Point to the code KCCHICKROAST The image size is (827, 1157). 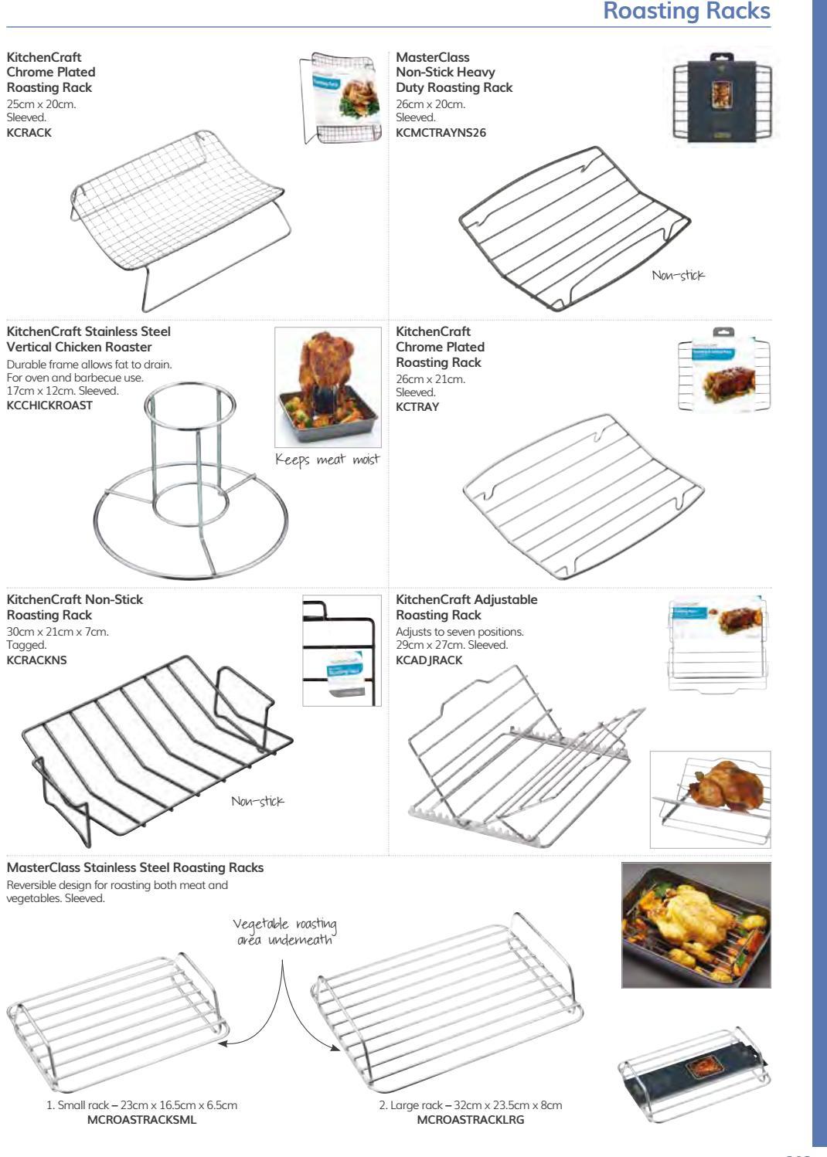(49, 405)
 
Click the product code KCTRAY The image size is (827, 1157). (417, 407)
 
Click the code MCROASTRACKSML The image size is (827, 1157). (141, 1119)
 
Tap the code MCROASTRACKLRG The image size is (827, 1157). (470, 1119)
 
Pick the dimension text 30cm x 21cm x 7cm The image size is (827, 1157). (57, 632)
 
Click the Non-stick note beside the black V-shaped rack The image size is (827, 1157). (258, 802)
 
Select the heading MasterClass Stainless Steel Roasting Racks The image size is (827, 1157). (134, 867)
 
